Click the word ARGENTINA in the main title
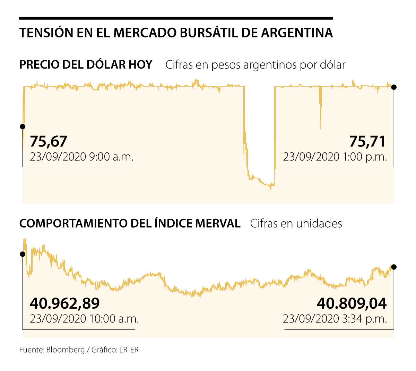click(x=297, y=33)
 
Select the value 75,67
click(x=48, y=141)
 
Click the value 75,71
click(x=367, y=141)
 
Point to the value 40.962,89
click(x=65, y=303)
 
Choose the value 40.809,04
click(x=352, y=303)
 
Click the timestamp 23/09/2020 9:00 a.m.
click(x=81, y=157)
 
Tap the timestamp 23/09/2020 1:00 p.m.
click(x=335, y=157)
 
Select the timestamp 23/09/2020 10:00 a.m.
click(x=84, y=318)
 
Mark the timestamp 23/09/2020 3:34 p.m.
click(x=335, y=318)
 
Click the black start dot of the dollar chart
click(x=23, y=126)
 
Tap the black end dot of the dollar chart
click(x=394, y=87)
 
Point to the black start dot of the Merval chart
click(x=23, y=254)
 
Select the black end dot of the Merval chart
click(x=394, y=267)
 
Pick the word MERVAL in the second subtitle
click(x=218, y=223)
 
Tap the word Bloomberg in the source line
click(x=66, y=350)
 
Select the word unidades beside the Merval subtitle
click(x=319, y=223)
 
